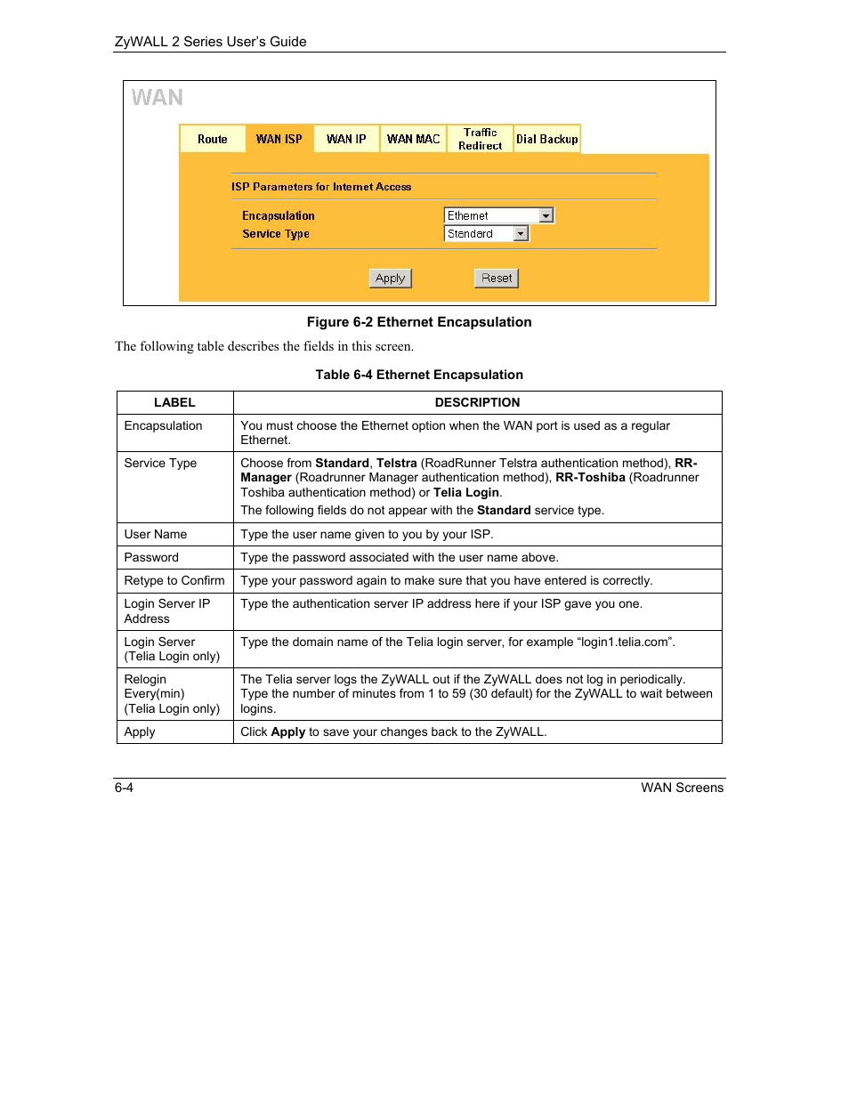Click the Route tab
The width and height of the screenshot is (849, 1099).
coord(213,139)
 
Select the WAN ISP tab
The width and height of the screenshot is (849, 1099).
coord(279,139)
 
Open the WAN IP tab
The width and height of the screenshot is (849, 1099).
coord(346,139)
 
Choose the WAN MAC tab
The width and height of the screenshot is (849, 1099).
coord(413,139)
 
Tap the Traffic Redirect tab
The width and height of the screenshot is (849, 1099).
coord(480,139)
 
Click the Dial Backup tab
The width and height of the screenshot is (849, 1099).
coord(546,139)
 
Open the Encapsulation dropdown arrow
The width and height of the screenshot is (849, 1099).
coord(546,215)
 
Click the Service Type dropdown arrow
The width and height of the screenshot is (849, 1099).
coord(522,234)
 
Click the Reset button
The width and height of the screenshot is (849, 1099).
coord(497,279)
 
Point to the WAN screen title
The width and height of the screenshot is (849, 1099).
coord(158,98)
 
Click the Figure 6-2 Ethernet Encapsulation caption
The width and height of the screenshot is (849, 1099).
coord(419,322)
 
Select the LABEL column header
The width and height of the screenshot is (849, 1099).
coord(174,402)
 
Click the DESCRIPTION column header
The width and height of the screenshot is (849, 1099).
coord(477,402)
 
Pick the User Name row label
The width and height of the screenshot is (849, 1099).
coord(156,534)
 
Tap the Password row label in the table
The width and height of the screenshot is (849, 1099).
coord(151,557)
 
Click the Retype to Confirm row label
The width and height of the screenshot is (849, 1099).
coord(174,580)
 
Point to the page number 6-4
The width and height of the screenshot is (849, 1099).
coord(124,788)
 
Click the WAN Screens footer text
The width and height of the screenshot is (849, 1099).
coord(682,788)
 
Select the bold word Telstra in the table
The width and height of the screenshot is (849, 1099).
coord(397,463)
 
